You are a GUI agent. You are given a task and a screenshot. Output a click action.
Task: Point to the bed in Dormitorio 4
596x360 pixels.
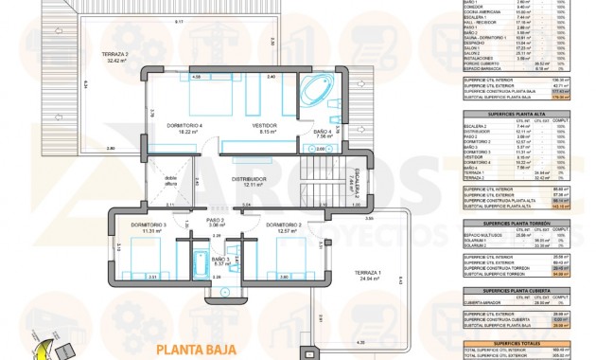click(200, 100)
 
